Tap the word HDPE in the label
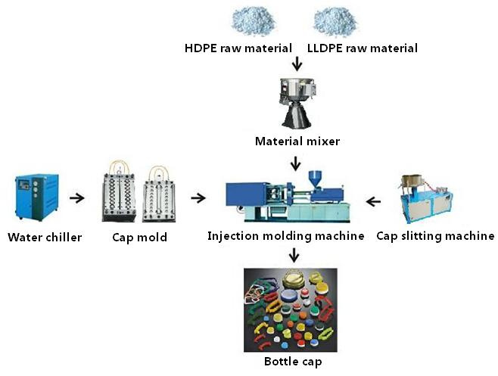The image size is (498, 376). tap(201, 48)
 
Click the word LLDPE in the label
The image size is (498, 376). tap(325, 48)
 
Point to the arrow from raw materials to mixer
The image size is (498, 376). tap(297, 64)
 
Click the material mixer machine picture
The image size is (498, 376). tap(297, 103)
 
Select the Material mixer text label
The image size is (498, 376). tap(297, 141)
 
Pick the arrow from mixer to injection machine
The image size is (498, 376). tap(296, 163)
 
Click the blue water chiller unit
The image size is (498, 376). tap(37, 197)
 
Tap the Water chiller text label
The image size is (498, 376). tap(45, 238)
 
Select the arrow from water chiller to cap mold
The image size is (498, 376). tap(77, 198)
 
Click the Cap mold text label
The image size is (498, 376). tap(140, 238)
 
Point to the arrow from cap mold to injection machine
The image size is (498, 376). tap(198, 198)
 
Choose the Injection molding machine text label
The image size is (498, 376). tap(286, 236)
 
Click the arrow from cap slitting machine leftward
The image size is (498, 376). tap(373, 201)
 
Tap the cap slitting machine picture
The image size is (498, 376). tap(427, 199)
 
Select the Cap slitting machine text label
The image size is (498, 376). tap(435, 236)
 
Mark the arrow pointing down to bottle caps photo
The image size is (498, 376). tap(294, 255)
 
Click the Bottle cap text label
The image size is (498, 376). tap(293, 362)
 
